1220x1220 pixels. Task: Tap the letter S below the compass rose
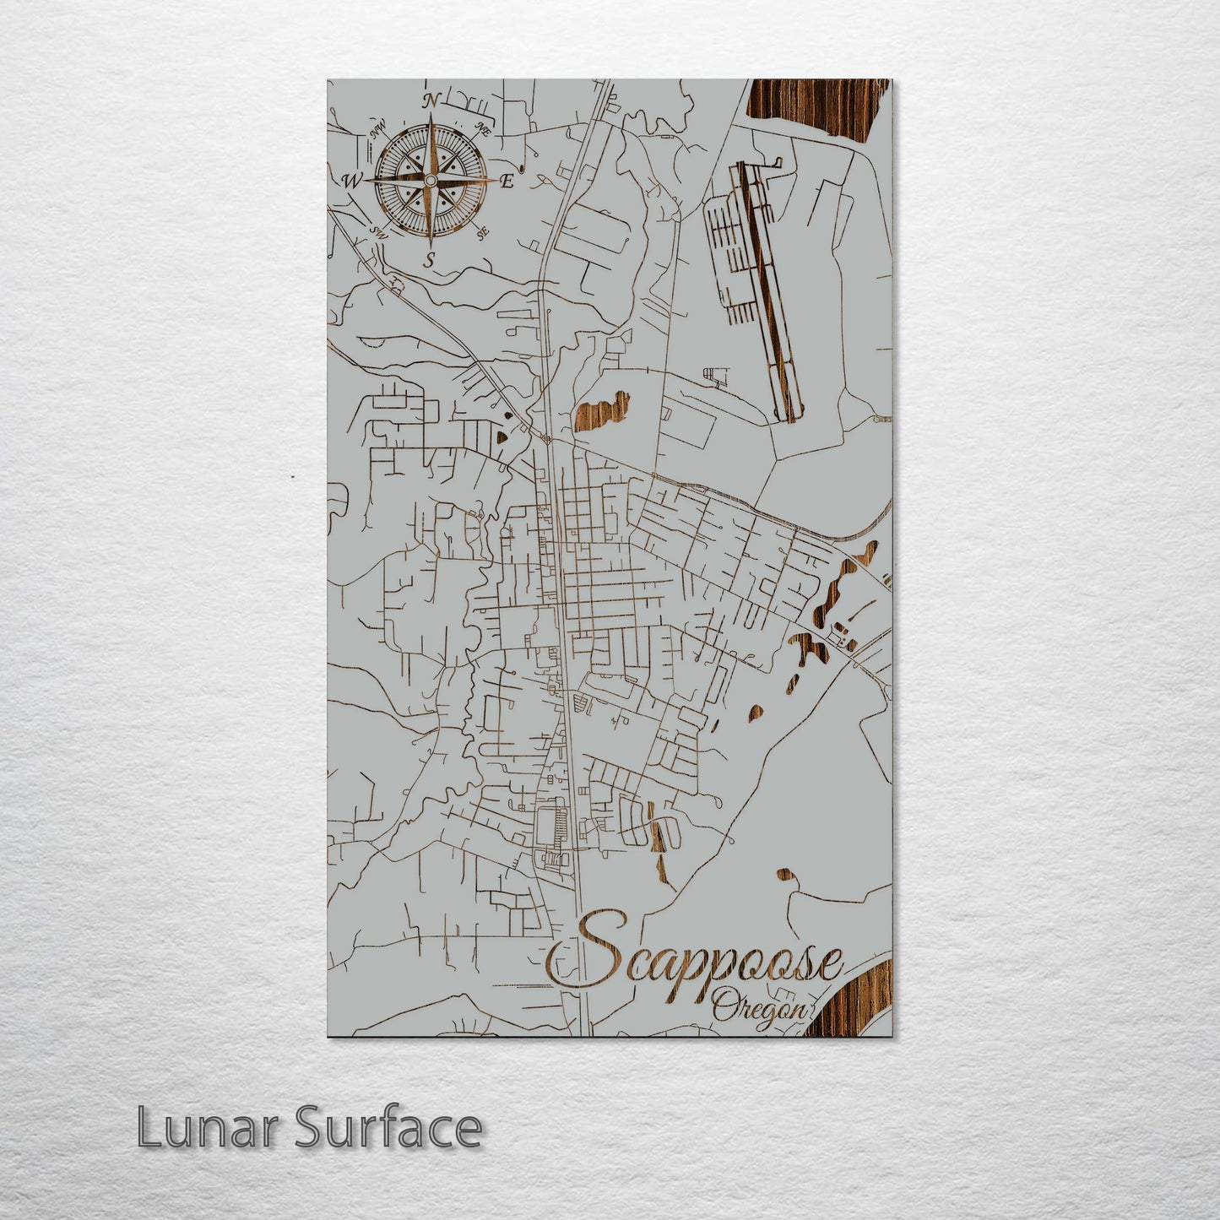(430, 258)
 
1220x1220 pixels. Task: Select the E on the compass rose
(507, 180)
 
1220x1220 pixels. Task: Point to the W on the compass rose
(350, 180)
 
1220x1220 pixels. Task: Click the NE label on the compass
(484, 129)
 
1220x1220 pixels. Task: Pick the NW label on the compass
(377, 131)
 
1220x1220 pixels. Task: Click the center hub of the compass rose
(430, 180)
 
